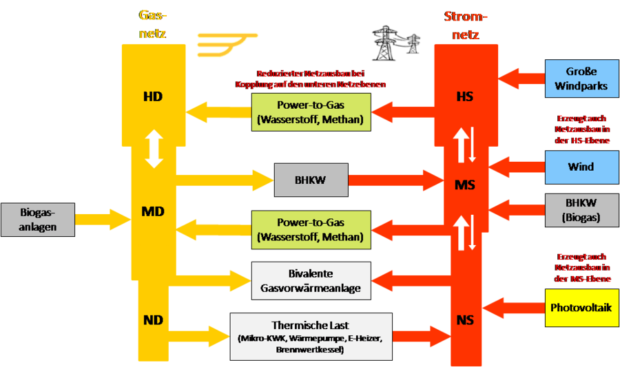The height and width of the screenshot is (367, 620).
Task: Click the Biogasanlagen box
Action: [37, 220]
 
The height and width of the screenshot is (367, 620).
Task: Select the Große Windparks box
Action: [581, 78]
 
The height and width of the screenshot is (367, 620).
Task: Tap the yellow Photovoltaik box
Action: [581, 307]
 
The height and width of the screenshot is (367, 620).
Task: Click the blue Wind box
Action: [581, 167]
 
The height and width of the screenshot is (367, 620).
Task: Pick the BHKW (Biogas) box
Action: [581, 210]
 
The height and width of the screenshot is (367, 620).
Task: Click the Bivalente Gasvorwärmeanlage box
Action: [311, 281]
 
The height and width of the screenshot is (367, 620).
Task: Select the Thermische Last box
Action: [311, 336]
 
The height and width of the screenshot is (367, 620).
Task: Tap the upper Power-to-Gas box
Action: [311, 112]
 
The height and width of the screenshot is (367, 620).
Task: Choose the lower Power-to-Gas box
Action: [311, 229]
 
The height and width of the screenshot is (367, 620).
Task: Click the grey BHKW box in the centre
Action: [311, 180]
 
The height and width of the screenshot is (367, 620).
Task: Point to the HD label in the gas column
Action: [153, 96]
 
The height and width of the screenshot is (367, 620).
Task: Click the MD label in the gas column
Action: [153, 211]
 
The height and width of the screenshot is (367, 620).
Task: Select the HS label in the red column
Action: [465, 97]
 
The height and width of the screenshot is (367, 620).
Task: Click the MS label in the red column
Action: [465, 185]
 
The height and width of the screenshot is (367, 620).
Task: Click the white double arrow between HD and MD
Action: [154, 150]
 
